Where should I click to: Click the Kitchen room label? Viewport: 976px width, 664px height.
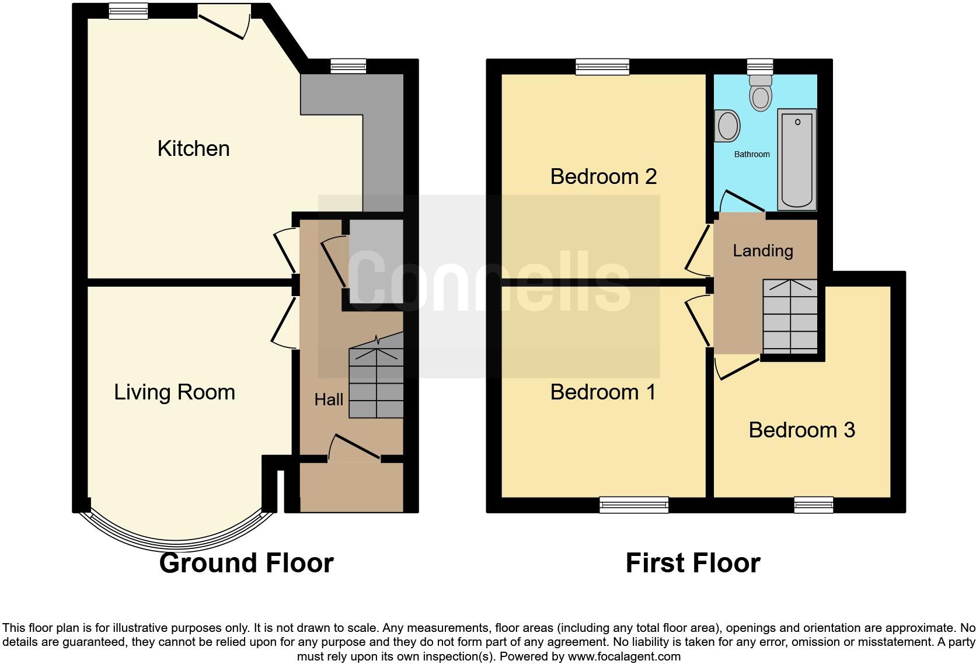click(193, 148)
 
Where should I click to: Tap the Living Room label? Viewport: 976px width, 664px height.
click(174, 392)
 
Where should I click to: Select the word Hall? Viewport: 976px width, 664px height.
click(329, 400)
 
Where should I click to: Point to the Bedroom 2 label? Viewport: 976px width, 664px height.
click(603, 176)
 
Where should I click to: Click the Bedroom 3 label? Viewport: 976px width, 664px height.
click(801, 430)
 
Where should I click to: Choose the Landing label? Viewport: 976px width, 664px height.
click(762, 251)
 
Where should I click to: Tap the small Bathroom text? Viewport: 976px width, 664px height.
click(751, 154)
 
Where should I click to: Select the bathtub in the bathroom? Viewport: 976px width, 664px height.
click(797, 159)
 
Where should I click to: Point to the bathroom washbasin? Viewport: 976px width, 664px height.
click(727, 125)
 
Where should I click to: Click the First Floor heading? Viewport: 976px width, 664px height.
click(692, 563)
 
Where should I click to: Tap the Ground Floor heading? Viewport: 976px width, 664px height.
click(246, 563)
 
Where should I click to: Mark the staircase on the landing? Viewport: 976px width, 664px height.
click(790, 317)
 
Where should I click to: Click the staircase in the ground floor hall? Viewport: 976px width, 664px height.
click(376, 383)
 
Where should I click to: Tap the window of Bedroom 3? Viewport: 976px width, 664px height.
click(813, 505)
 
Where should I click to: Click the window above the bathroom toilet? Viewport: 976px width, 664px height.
click(759, 66)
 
